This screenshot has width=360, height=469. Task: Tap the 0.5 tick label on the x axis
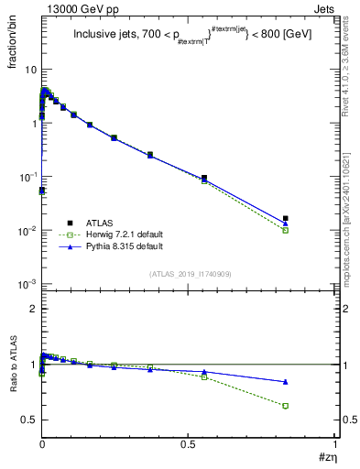click(188, 444)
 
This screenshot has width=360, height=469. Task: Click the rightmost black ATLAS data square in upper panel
click(286, 218)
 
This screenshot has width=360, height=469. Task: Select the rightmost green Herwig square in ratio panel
click(286, 406)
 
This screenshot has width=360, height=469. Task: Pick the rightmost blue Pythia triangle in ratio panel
click(286, 381)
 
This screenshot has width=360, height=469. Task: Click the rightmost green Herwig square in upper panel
click(286, 230)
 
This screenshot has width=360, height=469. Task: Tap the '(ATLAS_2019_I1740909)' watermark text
click(189, 273)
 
